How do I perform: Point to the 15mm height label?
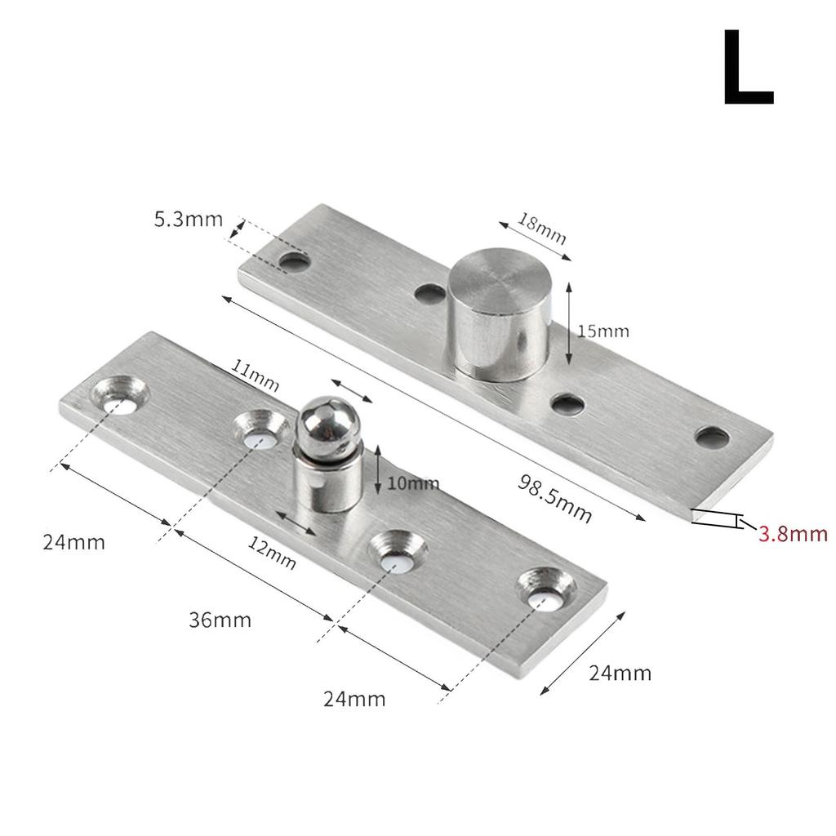(x=603, y=331)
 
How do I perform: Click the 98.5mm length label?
(x=555, y=498)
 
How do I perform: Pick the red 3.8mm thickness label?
(x=793, y=534)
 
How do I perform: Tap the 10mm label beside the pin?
(x=413, y=482)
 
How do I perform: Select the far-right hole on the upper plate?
(x=712, y=438)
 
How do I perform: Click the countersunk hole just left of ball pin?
(x=262, y=430)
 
